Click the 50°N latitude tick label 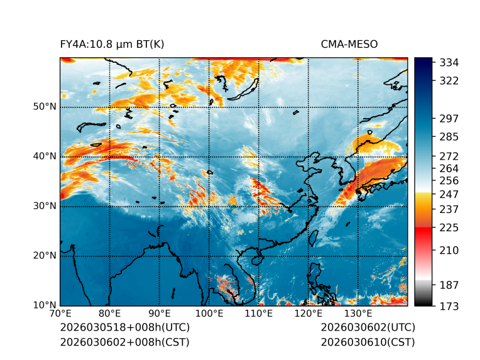pos(45,107)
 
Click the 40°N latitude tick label pos(45,156)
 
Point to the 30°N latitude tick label pos(45,206)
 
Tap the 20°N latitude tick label pos(45,256)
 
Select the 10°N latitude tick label pos(45,305)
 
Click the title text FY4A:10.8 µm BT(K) pos(112,45)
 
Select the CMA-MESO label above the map pos(349,45)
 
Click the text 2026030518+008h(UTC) pos(125,328)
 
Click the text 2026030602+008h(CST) pos(124,342)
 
